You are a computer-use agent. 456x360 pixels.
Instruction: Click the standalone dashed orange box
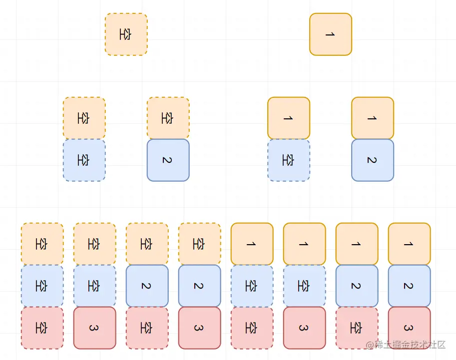pyautogui.click(x=126, y=34)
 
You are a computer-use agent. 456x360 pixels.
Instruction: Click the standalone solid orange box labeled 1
pyautogui.click(x=331, y=34)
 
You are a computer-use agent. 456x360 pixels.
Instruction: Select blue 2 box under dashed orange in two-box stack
pyautogui.click(x=168, y=160)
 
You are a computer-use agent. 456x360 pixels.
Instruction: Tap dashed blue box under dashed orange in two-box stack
pyautogui.click(x=84, y=160)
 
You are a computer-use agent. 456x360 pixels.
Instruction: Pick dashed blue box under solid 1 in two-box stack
pyautogui.click(x=289, y=160)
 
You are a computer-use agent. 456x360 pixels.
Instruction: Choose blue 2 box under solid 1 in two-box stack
pyautogui.click(x=373, y=160)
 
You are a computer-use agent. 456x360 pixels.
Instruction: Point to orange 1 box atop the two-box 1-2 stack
pyautogui.click(x=373, y=118)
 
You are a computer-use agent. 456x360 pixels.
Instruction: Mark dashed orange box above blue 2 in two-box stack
pyautogui.click(x=168, y=118)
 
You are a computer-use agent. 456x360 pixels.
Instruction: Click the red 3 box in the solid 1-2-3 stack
pyautogui.click(x=409, y=328)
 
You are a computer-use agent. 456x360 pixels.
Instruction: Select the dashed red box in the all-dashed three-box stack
pyautogui.click(x=42, y=328)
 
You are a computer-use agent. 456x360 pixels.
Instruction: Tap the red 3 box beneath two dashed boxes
pyautogui.click(x=94, y=328)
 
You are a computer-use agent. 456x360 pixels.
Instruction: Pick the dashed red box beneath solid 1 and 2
pyautogui.click(x=357, y=328)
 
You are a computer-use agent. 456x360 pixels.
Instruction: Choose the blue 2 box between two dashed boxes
pyautogui.click(x=147, y=286)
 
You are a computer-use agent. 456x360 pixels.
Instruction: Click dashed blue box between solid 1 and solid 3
pyautogui.click(x=304, y=286)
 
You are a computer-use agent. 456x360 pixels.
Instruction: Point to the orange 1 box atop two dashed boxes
pyautogui.click(x=252, y=244)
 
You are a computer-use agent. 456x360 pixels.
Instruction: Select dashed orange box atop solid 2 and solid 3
pyautogui.click(x=199, y=244)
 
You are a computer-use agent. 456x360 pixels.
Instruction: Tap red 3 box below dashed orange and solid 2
pyautogui.click(x=199, y=328)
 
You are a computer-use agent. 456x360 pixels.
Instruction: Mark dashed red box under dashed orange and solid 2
pyautogui.click(x=147, y=328)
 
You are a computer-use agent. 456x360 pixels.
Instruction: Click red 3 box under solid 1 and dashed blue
pyautogui.click(x=304, y=328)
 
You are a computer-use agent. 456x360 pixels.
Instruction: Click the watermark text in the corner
pyautogui.click(x=405, y=345)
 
